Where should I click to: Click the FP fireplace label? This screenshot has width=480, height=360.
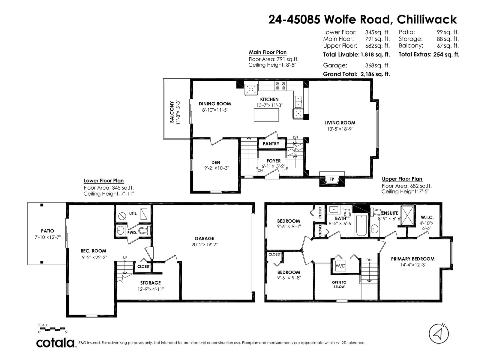(331, 179)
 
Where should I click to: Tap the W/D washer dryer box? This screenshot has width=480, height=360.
(340, 266)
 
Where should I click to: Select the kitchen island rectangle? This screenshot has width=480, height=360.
(266, 115)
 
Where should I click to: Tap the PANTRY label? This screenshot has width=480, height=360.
(271, 144)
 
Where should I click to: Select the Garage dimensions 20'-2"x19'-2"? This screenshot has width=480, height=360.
(205, 244)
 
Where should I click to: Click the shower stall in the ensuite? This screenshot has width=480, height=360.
(407, 215)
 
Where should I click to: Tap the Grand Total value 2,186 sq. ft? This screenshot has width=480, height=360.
(375, 74)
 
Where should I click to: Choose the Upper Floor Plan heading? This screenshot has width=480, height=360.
(402, 179)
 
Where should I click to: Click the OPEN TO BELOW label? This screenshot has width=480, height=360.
(339, 285)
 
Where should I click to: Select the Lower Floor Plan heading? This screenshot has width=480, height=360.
(104, 181)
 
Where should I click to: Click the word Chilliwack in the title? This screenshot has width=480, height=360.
(427, 19)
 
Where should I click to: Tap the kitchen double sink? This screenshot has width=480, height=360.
(298, 102)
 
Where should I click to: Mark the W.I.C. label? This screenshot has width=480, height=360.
(427, 217)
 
